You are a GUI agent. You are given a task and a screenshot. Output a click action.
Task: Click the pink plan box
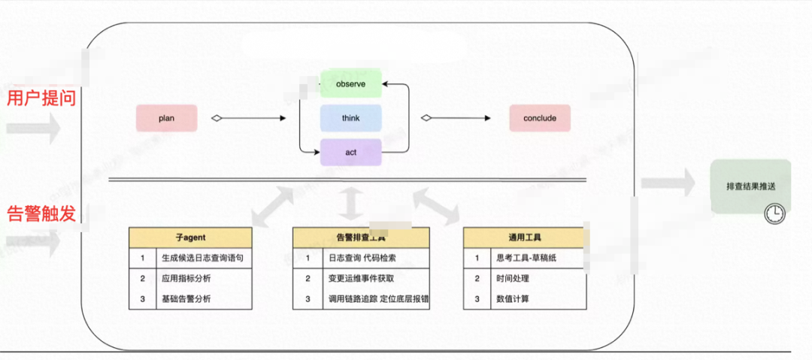(x=166, y=118)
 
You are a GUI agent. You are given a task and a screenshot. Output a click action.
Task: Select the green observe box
(x=351, y=84)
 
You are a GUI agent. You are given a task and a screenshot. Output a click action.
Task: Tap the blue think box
(x=351, y=118)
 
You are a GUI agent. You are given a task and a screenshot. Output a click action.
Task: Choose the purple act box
(x=351, y=153)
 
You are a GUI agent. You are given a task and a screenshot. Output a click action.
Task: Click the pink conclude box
(x=539, y=118)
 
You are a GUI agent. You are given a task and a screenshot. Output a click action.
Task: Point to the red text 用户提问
(x=41, y=98)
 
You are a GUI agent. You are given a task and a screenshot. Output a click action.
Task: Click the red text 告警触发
(x=41, y=213)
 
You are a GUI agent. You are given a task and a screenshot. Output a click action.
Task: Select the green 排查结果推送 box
(x=750, y=186)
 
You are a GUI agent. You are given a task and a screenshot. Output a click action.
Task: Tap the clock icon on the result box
(x=774, y=213)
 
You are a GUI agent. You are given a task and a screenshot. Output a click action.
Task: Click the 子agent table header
(x=189, y=237)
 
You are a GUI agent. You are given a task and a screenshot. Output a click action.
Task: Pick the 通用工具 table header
(x=523, y=237)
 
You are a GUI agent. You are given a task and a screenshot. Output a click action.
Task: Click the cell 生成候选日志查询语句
(x=201, y=258)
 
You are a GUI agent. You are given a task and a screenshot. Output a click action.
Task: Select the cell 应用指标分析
(x=186, y=278)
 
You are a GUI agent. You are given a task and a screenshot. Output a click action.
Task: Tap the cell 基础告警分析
(x=186, y=298)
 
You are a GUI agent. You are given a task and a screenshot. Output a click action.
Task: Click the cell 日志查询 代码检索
(x=362, y=258)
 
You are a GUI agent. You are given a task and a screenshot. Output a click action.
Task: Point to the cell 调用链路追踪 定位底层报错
(x=378, y=298)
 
